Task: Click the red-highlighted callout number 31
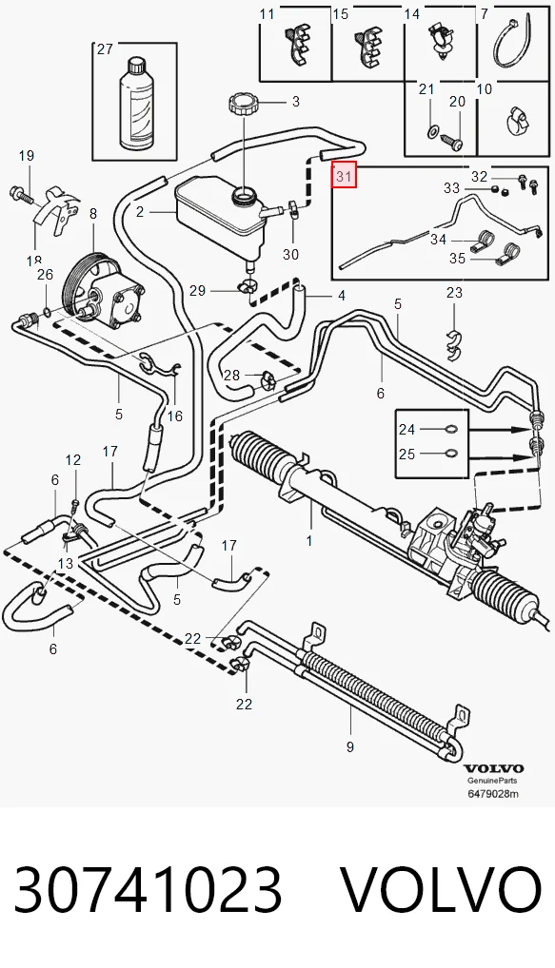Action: click(x=344, y=176)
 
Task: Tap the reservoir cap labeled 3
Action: click(x=242, y=102)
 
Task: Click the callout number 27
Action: click(x=105, y=48)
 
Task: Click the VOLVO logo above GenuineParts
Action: click(x=494, y=768)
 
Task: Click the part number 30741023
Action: click(x=148, y=890)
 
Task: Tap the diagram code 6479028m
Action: click(x=492, y=793)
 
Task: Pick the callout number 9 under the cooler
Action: click(x=349, y=747)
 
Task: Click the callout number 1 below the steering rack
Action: click(x=309, y=541)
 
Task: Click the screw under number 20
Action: click(x=452, y=142)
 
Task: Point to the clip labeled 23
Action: click(x=454, y=344)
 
